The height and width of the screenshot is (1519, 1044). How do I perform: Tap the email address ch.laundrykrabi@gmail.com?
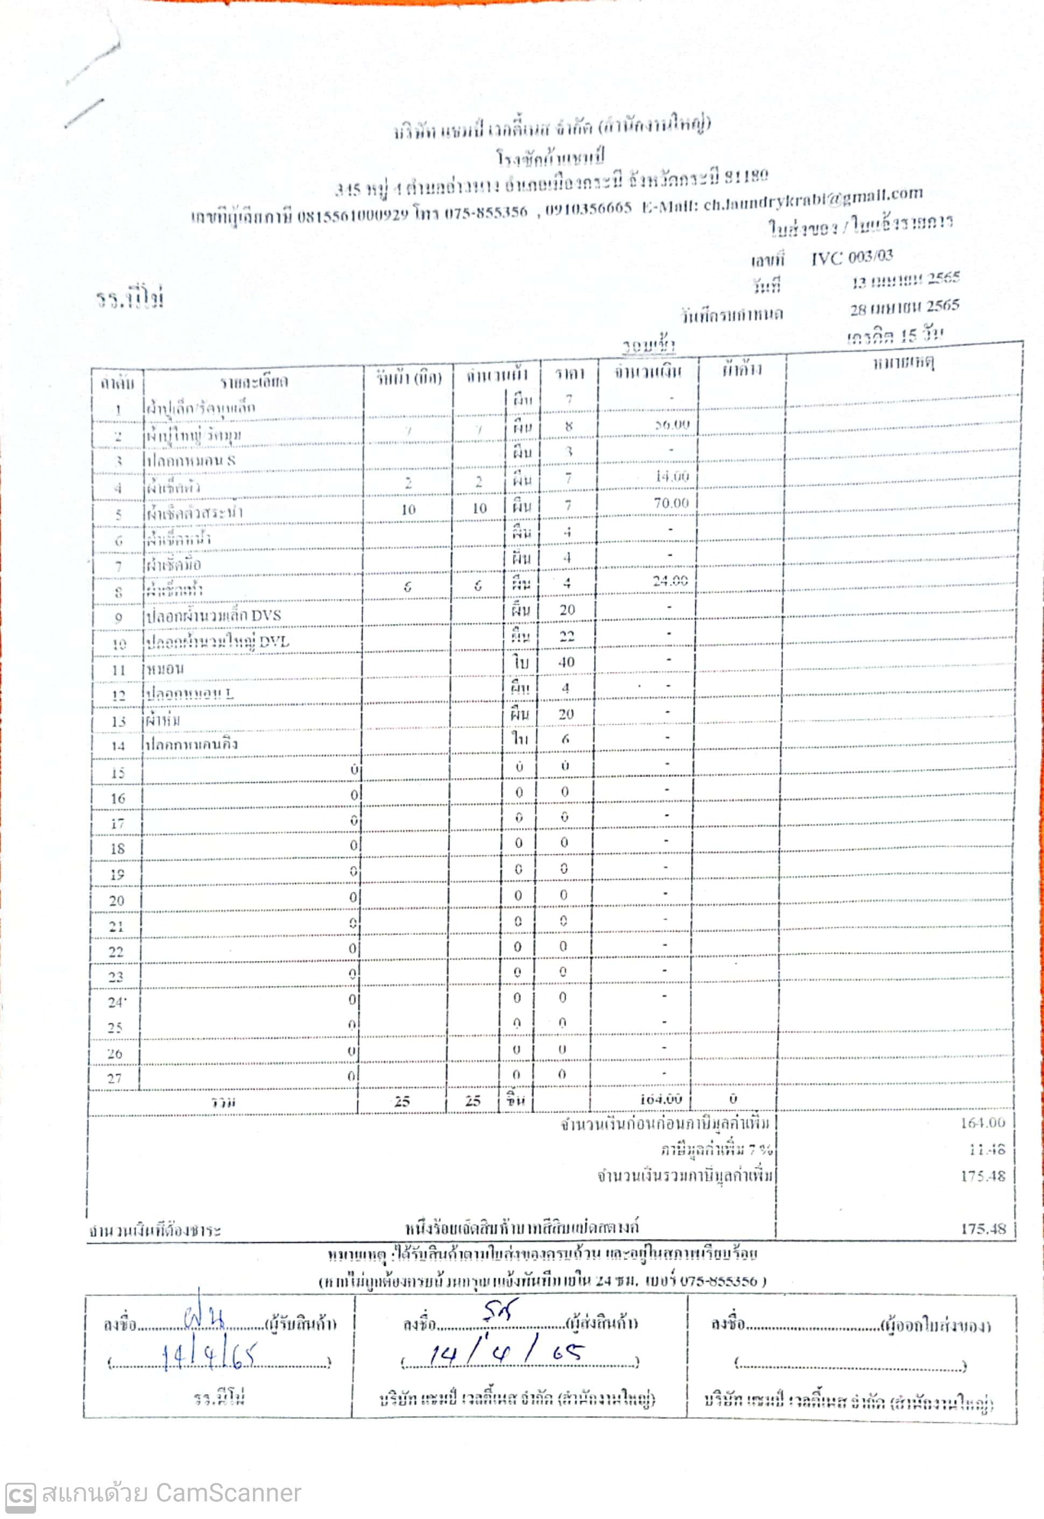click(813, 198)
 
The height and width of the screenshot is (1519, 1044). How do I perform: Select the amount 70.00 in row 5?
click(671, 502)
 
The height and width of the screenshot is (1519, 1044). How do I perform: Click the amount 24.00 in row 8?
click(670, 580)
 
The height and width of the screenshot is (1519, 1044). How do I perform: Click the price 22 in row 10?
click(567, 636)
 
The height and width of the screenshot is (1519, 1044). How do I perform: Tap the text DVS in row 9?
click(266, 615)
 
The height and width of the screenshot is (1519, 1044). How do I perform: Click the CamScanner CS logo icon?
click(19, 1495)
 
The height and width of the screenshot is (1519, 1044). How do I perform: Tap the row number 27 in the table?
click(114, 1078)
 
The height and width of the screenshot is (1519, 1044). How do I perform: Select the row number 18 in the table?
click(116, 849)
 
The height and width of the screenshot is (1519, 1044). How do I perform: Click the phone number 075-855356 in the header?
click(485, 212)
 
